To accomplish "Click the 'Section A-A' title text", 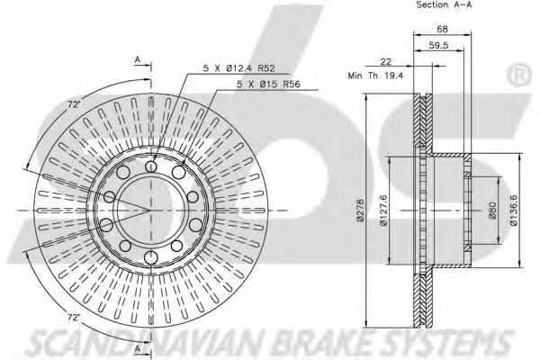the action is pyautogui.click(x=444, y=4).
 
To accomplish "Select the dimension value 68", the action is pyautogui.click(x=442, y=30).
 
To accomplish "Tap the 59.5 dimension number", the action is pyautogui.click(x=439, y=46).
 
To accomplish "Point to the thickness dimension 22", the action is pyautogui.click(x=386, y=61).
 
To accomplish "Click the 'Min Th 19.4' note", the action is pyautogui.click(x=375, y=76).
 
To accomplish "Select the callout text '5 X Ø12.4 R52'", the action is pyautogui.click(x=239, y=68).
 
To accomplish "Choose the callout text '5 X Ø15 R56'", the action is pyautogui.click(x=268, y=84).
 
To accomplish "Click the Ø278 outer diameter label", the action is pyautogui.click(x=360, y=210).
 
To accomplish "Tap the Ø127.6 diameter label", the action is pyautogui.click(x=384, y=211).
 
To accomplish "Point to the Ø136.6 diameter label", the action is pyautogui.click(x=514, y=211).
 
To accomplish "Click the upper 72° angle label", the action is pyautogui.click(x=74, y=104).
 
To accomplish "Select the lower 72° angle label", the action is pyautogui.click(x=73, y=318).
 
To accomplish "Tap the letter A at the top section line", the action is pyautogui.click(x=138, y=60).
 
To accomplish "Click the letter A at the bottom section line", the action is pyautogui.click(x=138, y=349).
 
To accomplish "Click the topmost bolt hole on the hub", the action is pyautogui.click(x=151, y=166).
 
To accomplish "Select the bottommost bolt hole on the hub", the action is pyautogui.click(x=151, y=257).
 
